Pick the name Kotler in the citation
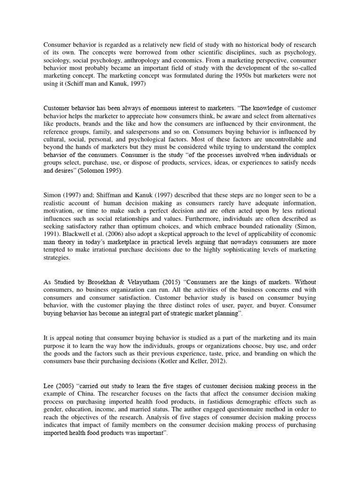click(209, 362)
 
